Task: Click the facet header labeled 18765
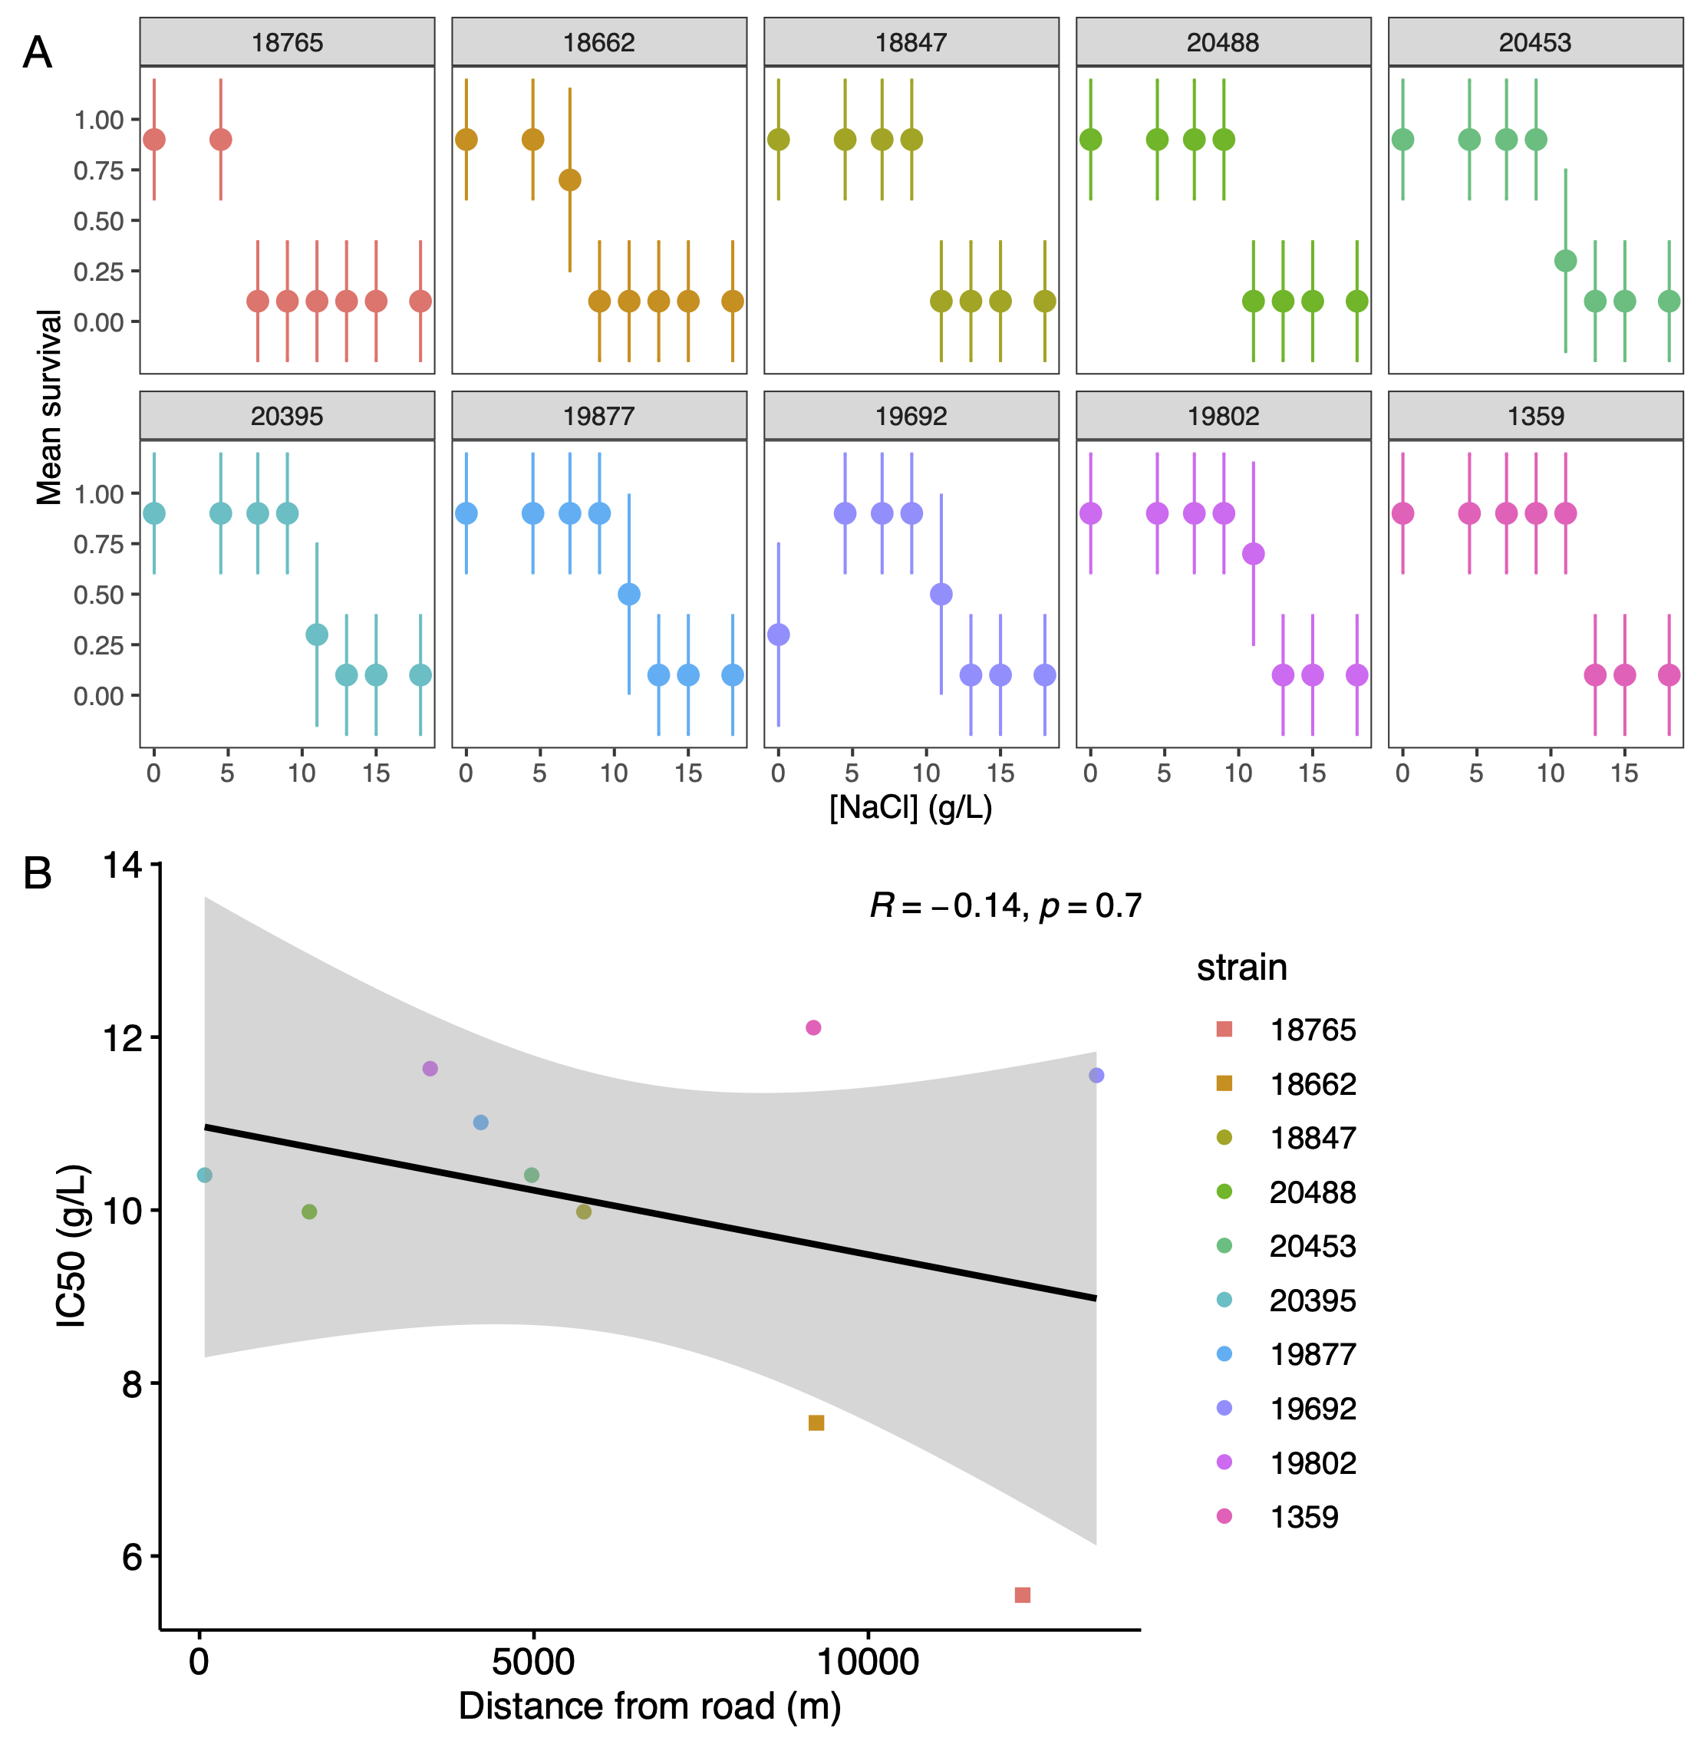pyautogui.click(x=287, y=42)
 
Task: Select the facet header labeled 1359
pyautogui.click(x=1535, y=416)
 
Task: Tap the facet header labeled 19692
pyautogui.click(x=911, y=416)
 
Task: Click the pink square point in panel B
pyautogui.click(x=1022, y=1594)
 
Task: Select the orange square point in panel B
pyautogui.click(x=816, y=1423)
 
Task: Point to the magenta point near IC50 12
pyautogui.click(x=812, y=1027)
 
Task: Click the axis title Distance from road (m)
pyautogui.click(x=650, y=1706)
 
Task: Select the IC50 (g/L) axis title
pyautogui.click(x=71, y=1245)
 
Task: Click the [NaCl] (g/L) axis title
pyautogui.click(x=910, y=807)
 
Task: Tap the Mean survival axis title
pyautogui.click(x=48, y=407)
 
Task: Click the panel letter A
pyautogui.click(x=37, y=53)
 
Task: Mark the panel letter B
pyautogui.click(x=37, y=872)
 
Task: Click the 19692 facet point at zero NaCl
pyautogui.click(x=779, y=635)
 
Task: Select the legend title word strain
pyautogui.click(x=1241, y=968)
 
